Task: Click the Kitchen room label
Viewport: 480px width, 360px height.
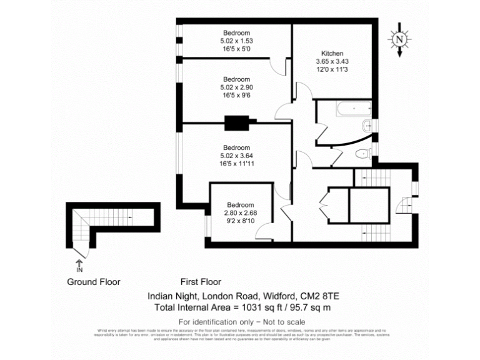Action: coord(332,53)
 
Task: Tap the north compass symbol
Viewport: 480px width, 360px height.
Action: coord(399,39)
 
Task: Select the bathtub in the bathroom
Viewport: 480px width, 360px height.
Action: coord(344,110)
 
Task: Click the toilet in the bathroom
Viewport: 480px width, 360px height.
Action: coord(361,154)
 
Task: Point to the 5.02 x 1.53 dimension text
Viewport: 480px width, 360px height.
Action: coord(237,41)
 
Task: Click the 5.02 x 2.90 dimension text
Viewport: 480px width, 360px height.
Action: coord(237,87)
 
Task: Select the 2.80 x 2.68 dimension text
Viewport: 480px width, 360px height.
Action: coord(240,212)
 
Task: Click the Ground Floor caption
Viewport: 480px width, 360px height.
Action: coord(94,282)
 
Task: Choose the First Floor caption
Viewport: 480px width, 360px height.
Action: coord(201,282)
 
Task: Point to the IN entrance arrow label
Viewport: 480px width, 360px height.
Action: coord(79,270)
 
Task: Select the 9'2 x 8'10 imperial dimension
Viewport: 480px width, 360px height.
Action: coord(240,221)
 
